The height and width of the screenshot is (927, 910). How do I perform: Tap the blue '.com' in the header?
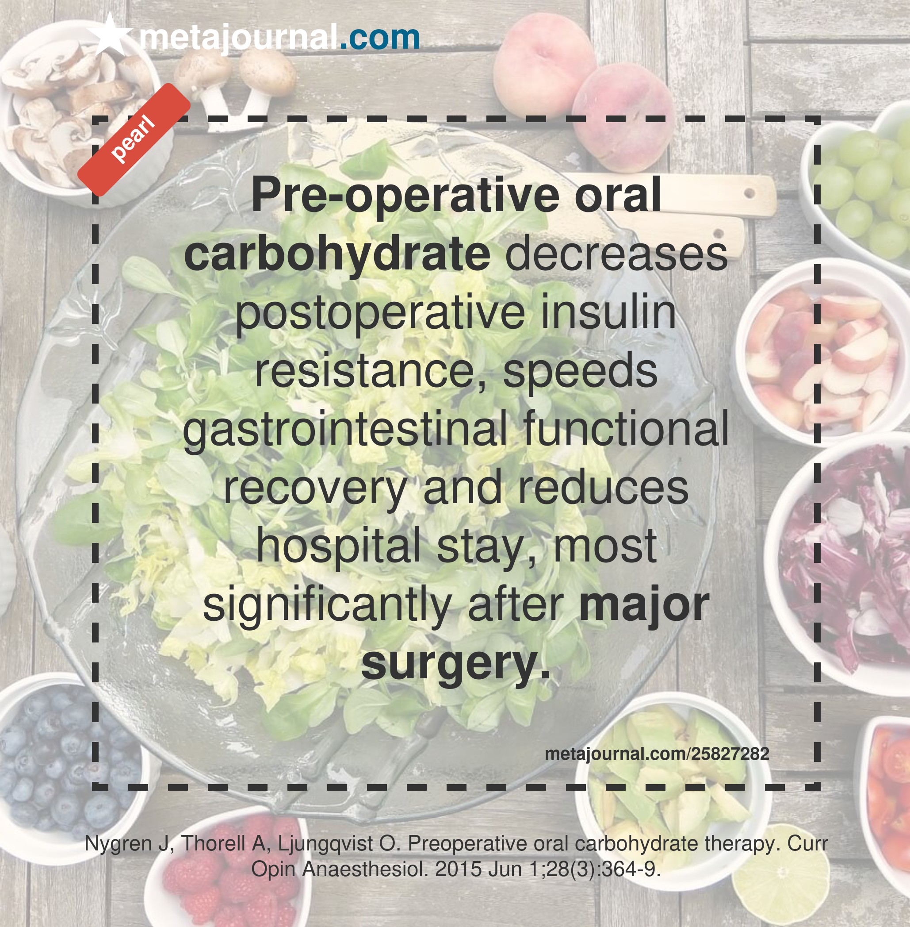(x=380, y=37)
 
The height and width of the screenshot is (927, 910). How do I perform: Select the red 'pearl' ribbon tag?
(x=134, y=140)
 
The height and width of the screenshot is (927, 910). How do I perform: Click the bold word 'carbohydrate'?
(x=337, y=254)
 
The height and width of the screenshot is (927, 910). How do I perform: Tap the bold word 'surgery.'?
(x=455, y=665)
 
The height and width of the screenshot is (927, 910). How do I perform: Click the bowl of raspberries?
(x=229, y=870)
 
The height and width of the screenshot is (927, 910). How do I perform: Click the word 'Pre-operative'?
(x=405, y=196)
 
